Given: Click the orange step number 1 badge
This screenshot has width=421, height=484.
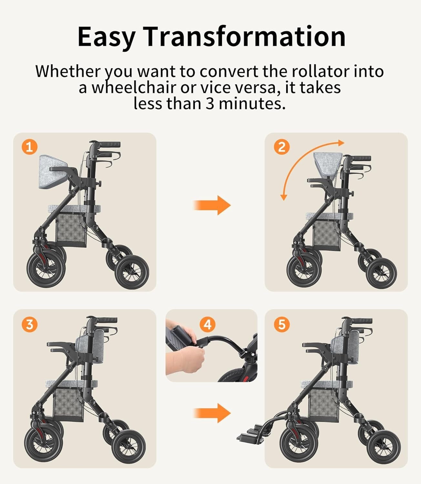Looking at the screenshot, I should pyautogui.click(x=29, y=147).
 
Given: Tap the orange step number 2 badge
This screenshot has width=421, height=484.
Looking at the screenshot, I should pyautogui.click(x=281, y=147).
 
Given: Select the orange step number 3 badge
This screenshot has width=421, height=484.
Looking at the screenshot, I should pyautogui.click(x=29, y=324).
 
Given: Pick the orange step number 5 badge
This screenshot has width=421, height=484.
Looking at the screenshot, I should pyautogui.click(x=281, y=324).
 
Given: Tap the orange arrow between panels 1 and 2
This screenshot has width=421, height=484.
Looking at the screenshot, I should pyautogui.click(x=212, y=205).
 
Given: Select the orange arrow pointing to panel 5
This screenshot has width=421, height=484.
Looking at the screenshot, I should pyautogui.click(x=212, y=413).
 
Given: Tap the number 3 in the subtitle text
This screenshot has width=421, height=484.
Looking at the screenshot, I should pyautogui.click(x=210, y=104).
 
